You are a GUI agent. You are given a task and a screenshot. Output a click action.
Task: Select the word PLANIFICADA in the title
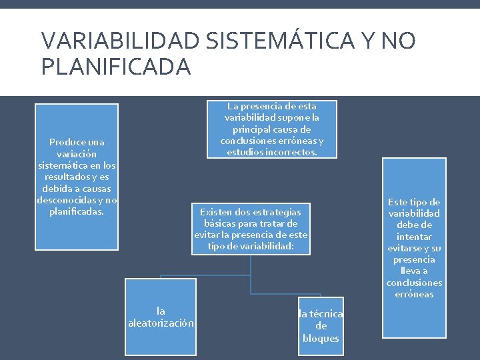point(116,67)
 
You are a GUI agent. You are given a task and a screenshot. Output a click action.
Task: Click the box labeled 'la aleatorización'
point(161,317)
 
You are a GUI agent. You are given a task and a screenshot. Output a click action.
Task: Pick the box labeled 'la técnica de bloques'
point(321,326)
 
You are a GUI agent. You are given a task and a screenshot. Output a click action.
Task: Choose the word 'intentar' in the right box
point(414,237)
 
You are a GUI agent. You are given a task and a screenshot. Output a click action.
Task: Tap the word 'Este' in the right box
point(399,202)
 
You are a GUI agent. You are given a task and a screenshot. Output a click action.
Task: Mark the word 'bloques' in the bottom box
point(321,338)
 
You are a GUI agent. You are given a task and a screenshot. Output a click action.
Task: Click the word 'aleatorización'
point(161,323)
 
